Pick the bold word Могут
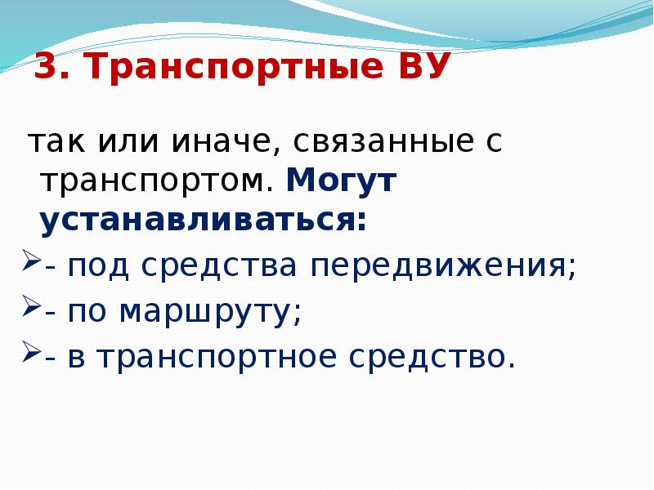341,181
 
